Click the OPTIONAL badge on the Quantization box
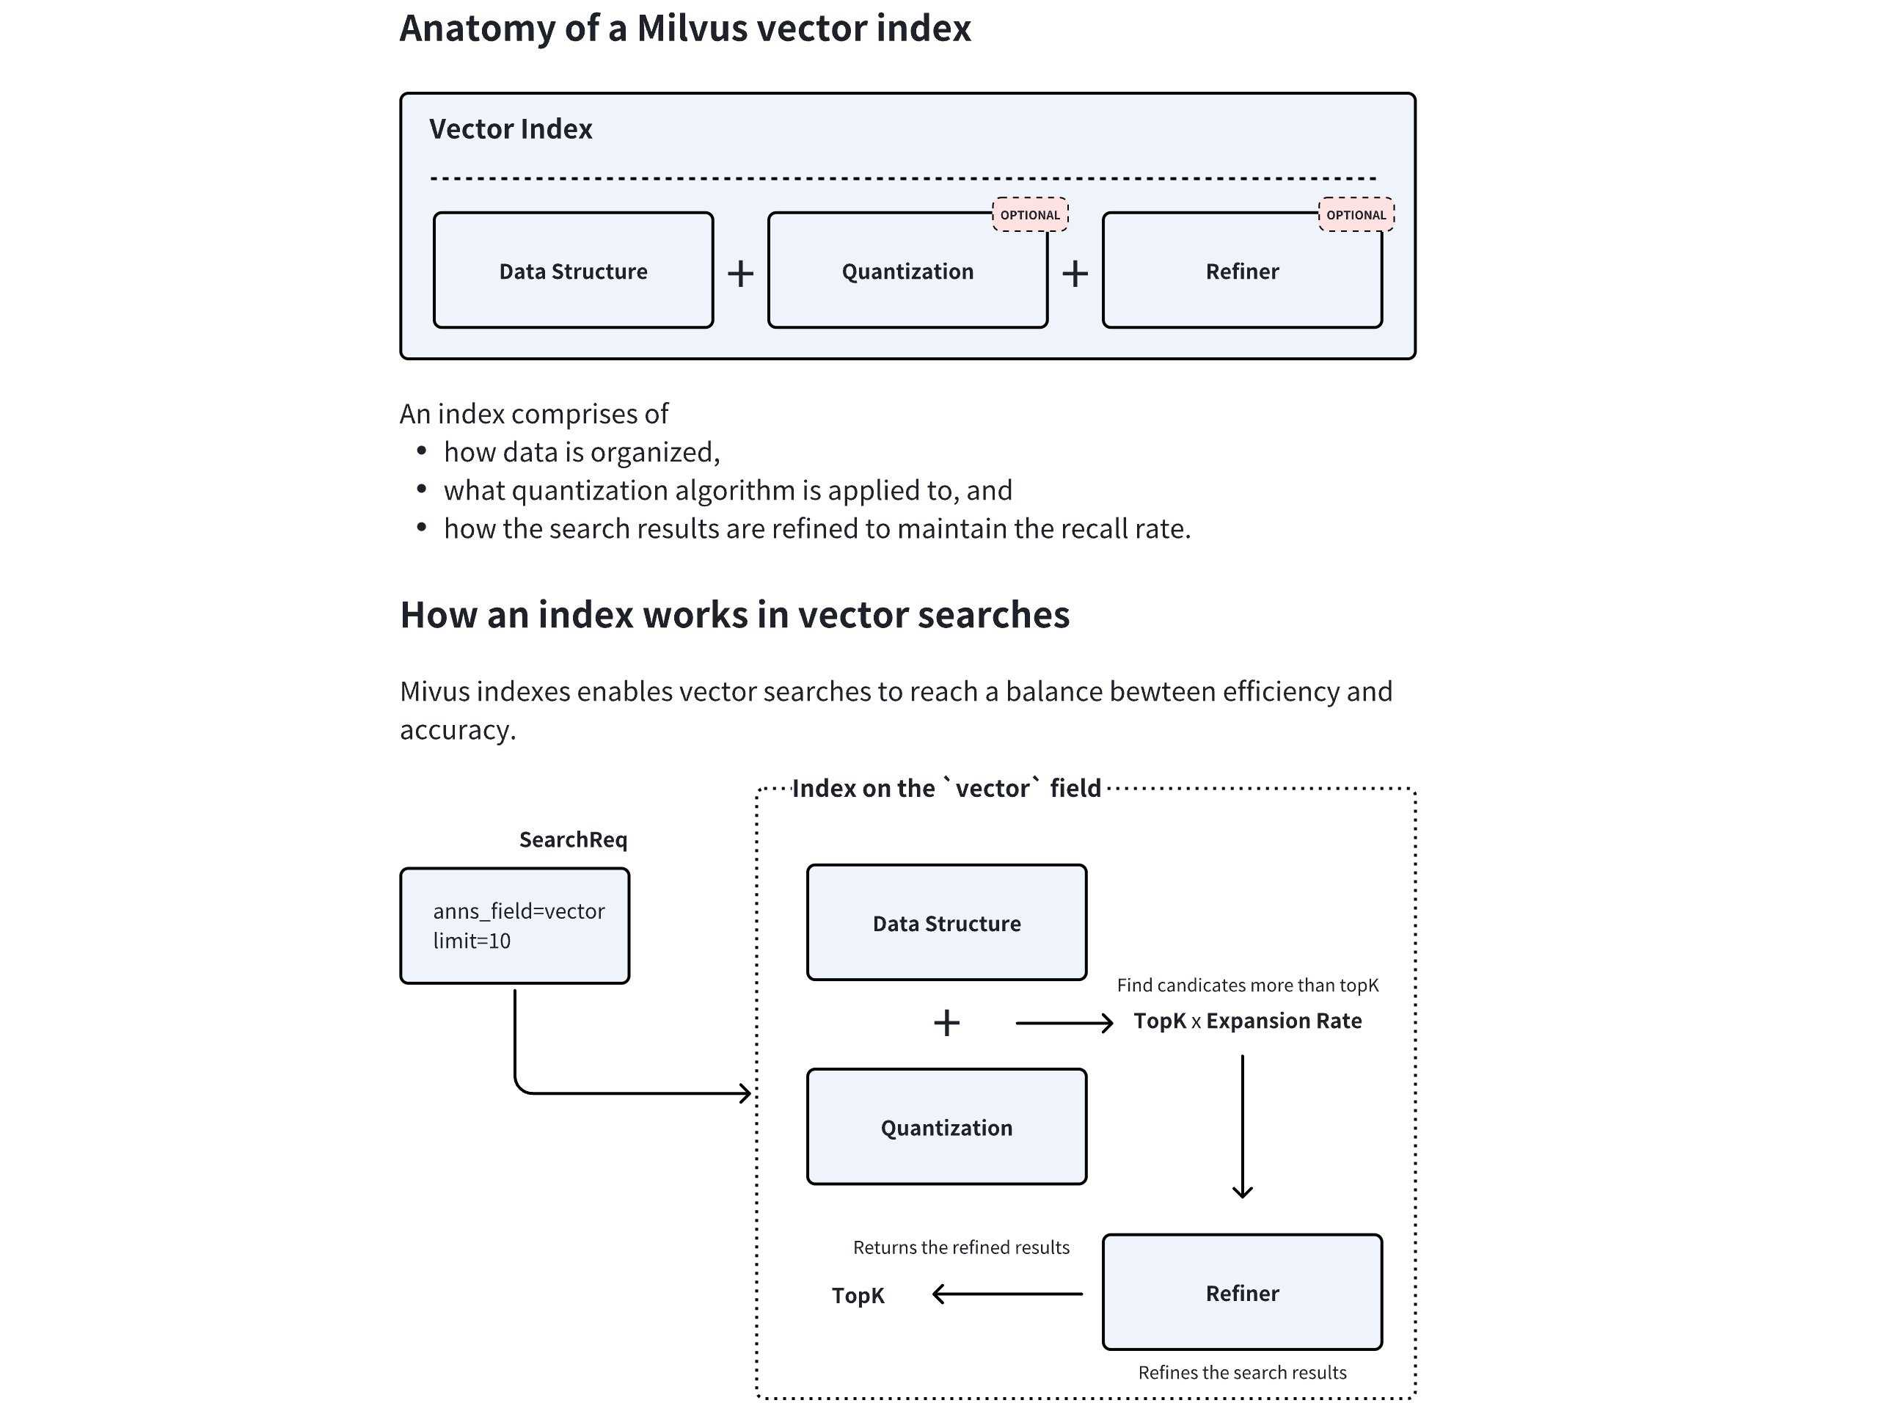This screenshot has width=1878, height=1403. pyautogui.click(x=1030, y=215)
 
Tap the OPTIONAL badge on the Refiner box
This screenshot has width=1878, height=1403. pyautogui.click(x=1356, y=215)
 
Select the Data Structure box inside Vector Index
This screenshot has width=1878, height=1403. pyautogui.click(x=573, y=271)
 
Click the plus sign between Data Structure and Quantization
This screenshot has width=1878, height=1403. pyautogui.click(x=740, y=274)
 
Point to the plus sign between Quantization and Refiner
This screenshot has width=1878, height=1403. pyautogui.click(x=1075, y=274)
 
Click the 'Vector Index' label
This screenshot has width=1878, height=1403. pyautogui.click(x=511, y=129)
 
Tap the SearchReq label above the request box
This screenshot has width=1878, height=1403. pyautogui.click(x=573, y=840)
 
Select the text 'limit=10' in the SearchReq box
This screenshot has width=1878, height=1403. pyautogui.click(x=472, y=941)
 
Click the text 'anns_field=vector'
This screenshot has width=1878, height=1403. pyautogui.click(x=519, y=911)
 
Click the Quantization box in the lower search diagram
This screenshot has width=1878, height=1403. pyautogui.click(x=946, y=1128)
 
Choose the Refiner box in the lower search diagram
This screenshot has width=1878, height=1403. pyautogui.click(x=1242, y=1293)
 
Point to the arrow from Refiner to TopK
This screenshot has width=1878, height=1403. pyautogui.click(x=1007, y=1294)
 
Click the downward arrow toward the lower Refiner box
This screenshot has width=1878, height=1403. pyautogui.click(x=1242, y=1126)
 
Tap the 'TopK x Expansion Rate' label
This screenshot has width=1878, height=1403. pyautogui.click(x=1247, y=1021)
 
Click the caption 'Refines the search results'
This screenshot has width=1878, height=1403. pyautogui.click(x=1242, y=1372)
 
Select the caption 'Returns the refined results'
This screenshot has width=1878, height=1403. pyautogui.click(x=961, y=1247)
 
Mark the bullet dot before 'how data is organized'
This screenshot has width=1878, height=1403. pyautogui.click(x=422, y=451)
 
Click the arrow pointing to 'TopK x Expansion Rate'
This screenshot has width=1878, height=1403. pyautogui.click(x=1064, y=1024)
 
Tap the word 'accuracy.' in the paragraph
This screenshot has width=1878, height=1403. pyautogui.click(x=458, y=729)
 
